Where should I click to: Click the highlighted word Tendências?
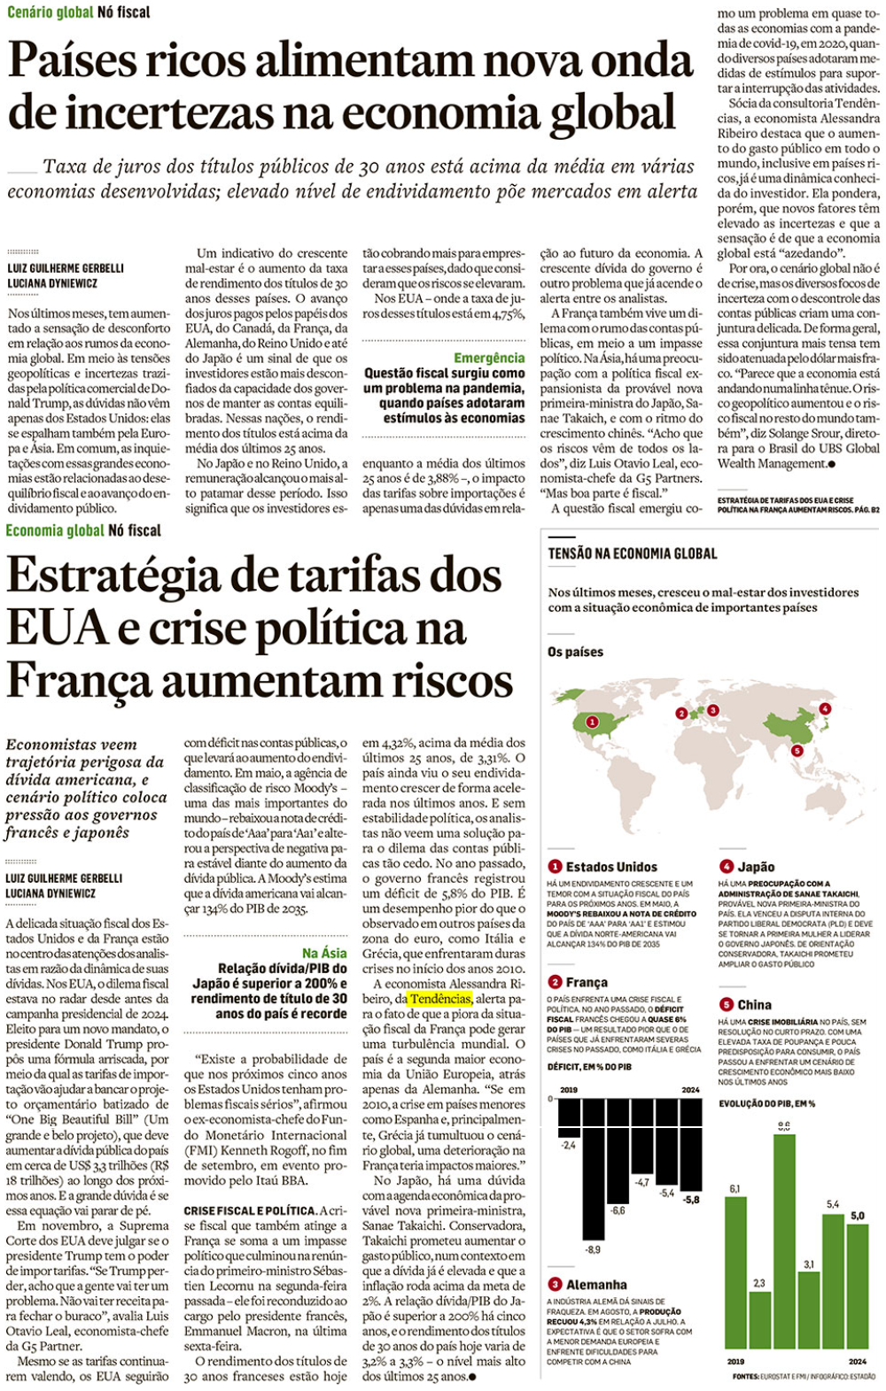pos(440,999)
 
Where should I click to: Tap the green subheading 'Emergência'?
pos(489,358)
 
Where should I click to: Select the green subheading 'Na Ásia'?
pos(324,953)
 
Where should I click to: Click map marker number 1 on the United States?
pos(592,723)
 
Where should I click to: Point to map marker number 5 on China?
pos(797,751)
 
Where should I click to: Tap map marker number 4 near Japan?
pos(825,708)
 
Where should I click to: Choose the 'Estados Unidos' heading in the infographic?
pos(611,867)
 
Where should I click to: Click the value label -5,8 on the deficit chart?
pos(691,1199)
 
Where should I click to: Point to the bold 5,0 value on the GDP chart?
pos(858,1216)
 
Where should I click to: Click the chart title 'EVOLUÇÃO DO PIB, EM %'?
pos(766,1103)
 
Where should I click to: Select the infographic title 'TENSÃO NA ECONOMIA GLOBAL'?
pos(633,553)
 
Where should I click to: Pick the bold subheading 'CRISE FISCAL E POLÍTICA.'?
pos(250,1210)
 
